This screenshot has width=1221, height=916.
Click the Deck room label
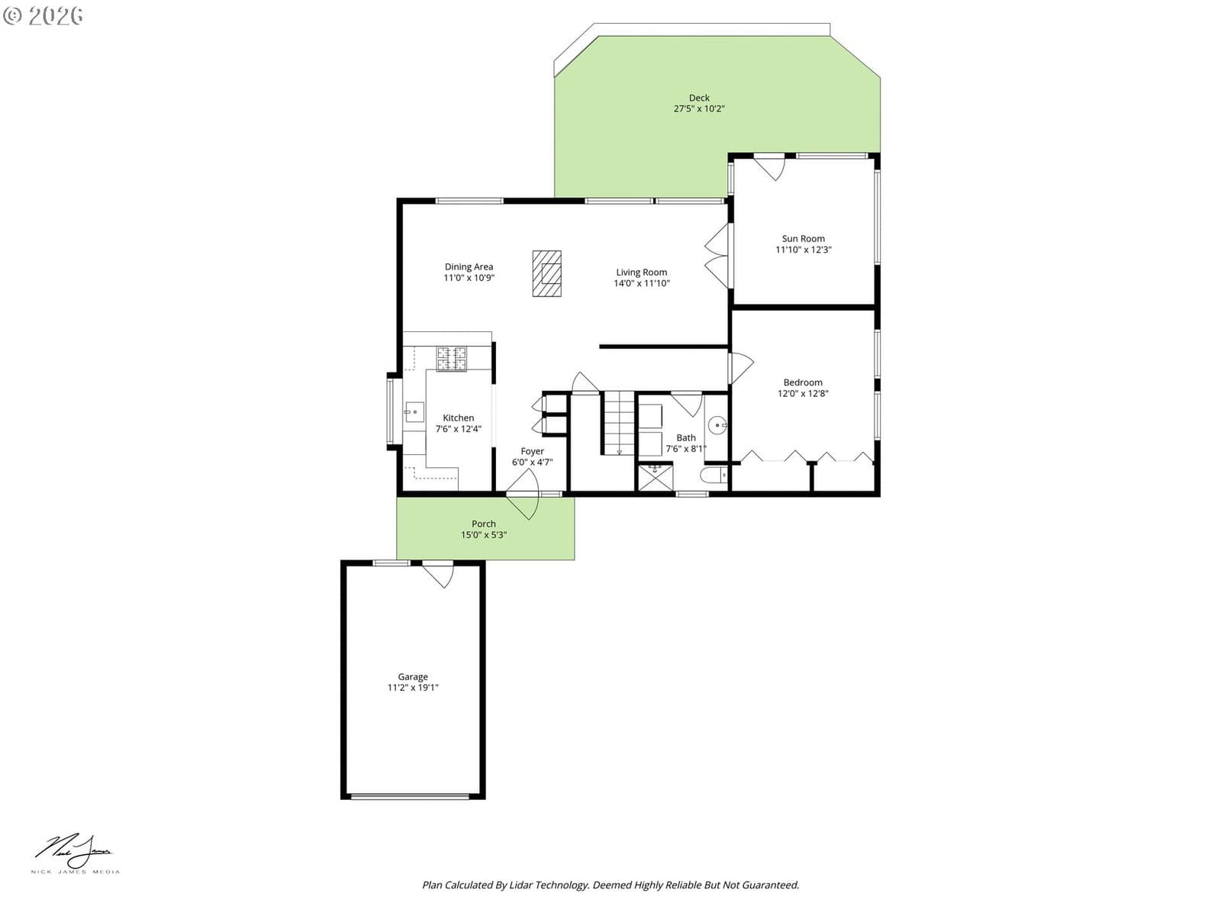click(699, 98)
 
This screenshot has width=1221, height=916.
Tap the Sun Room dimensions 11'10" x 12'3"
click(804, 250)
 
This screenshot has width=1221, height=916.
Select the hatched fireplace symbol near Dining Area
click(547, 273)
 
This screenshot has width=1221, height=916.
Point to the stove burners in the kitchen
click(451, 359)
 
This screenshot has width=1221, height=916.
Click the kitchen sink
click(414, 412)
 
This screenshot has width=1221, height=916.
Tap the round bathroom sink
click(717, 426)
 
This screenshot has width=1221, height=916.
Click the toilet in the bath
click(714, 476)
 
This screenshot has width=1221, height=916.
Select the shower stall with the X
click(655, 478)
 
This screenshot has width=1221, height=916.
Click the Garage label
click(412, 677)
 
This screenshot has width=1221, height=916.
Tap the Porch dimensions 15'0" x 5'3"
click(483, 535)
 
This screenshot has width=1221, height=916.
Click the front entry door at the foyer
click(524, 494)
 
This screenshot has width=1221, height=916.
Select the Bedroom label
click(803, 382)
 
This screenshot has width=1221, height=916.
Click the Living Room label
click(641, 273)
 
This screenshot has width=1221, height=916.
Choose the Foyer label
click(532, 452)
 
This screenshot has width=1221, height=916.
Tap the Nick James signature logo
click(75, 853)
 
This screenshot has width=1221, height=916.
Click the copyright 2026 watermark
click(43, 15)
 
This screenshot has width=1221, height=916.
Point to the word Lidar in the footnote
click(521, 885)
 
